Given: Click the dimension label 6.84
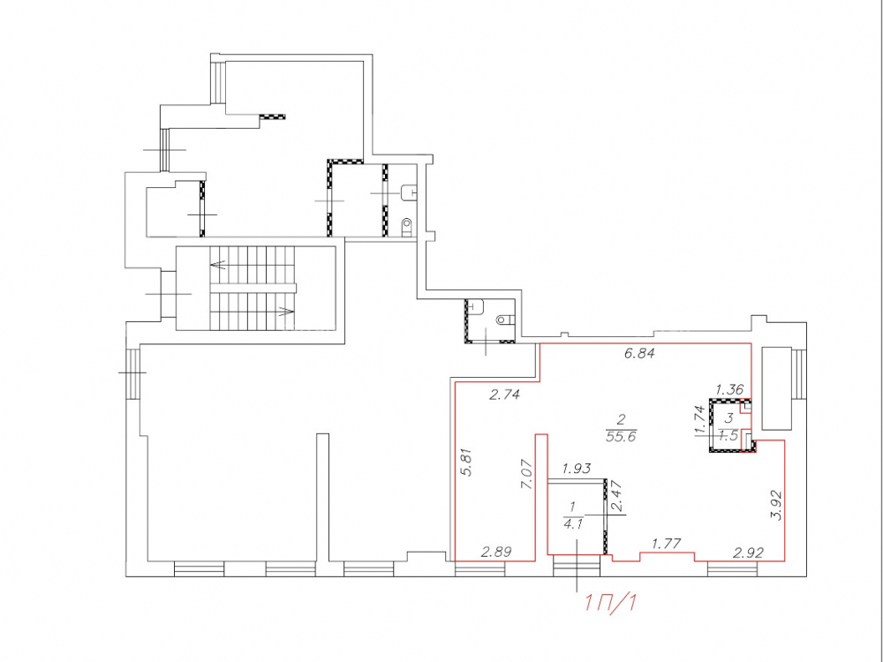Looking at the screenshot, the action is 639,354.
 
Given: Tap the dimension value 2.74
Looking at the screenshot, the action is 504,395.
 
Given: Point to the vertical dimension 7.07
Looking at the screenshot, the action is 528,475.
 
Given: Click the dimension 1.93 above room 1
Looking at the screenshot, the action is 576,469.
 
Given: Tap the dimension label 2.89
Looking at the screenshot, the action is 496,552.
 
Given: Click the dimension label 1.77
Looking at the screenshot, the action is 667,544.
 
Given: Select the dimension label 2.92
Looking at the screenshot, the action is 749,553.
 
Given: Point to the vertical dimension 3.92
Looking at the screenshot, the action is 776,506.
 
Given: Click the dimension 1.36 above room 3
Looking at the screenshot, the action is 730,389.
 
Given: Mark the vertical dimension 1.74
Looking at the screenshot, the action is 700,420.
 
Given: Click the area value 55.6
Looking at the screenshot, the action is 621,436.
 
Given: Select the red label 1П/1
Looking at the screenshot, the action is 611,603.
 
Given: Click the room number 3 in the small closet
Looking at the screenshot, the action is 729,418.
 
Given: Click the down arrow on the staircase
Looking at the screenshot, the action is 287,310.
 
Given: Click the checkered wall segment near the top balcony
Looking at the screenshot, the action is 272,117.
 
